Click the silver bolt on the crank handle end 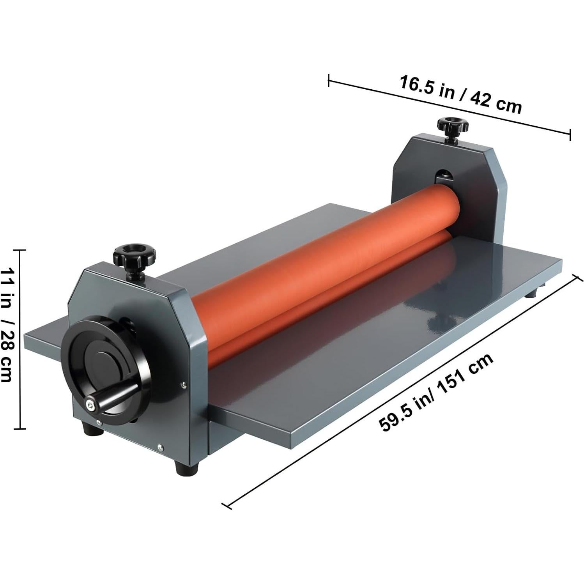point(90,405)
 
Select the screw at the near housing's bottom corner point(159,448)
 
